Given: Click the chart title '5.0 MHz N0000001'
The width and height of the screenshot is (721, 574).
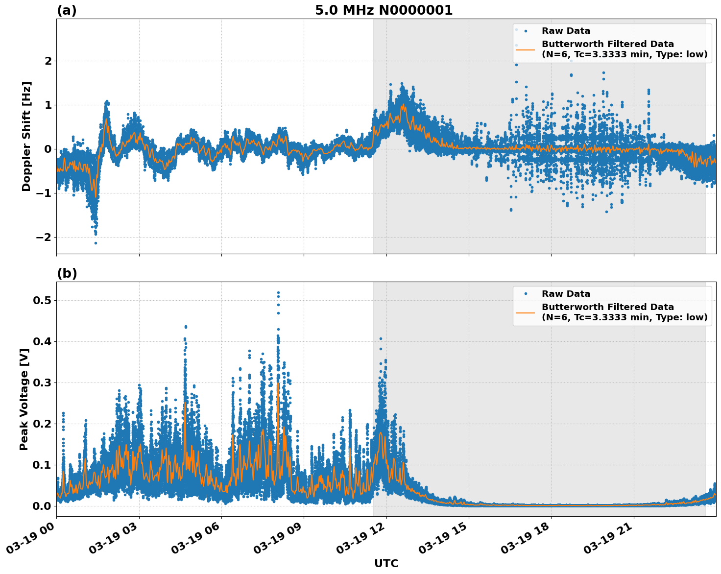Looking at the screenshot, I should [384, 10].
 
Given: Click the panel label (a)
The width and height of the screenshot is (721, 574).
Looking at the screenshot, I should [67, 10].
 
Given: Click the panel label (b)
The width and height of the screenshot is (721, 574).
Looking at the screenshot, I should [67, 273].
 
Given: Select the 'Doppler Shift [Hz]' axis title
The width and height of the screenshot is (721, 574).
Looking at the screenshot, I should [26, 136].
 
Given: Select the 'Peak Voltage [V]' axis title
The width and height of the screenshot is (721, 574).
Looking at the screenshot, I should [24, 399].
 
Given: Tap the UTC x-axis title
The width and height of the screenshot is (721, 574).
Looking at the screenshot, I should [386, 563].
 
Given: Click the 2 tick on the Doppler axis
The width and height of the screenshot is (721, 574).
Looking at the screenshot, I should [48, 61].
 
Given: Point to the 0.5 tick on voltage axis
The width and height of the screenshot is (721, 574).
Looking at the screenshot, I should [42, 300].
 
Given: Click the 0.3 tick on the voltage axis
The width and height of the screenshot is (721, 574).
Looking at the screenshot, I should [42, 383].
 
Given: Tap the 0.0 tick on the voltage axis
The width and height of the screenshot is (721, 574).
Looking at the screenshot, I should [42, 506].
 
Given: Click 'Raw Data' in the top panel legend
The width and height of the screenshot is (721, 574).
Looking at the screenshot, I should [566, 31].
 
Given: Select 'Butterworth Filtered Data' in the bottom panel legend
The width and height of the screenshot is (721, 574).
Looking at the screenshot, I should [607, 307].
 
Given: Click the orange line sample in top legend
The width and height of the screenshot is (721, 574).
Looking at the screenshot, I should [526, 49].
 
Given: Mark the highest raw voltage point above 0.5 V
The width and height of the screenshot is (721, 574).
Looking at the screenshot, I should [278, 293].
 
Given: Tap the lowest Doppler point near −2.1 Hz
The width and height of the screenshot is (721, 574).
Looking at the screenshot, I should [96, 243].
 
